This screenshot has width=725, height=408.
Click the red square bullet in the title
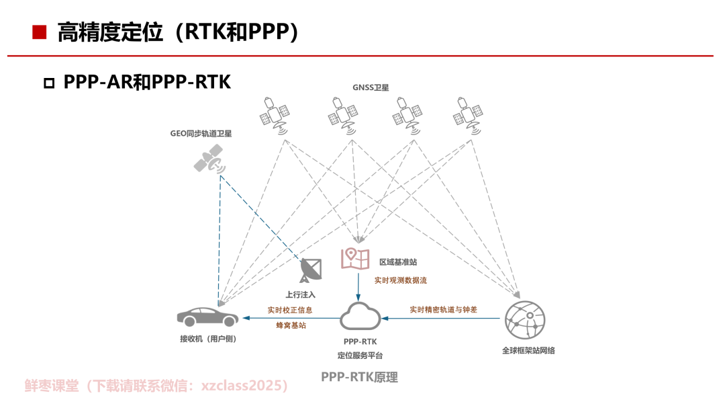pos(40,32)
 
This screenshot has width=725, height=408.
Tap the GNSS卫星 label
pos(371,87)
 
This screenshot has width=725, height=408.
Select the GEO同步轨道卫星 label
pos(201,133)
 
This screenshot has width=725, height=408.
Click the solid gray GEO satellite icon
pos(209,159)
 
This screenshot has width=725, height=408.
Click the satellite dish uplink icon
pos(311,270)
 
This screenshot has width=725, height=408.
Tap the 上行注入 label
pos(301,294)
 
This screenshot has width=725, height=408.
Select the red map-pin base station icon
pos(355,258)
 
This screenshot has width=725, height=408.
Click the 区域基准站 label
pos(398,262)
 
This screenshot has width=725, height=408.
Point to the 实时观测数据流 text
pos(401,280)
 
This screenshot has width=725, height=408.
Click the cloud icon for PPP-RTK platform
pos(360,317)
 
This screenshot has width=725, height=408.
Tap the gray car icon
pos(207,317)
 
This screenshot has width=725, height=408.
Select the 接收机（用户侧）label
pos(208,339)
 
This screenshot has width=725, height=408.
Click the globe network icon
pos(525,320)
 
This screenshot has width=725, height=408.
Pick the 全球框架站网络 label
pos(528,351)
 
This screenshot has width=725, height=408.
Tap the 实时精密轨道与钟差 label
pos(444,309)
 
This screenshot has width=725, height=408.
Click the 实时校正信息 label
pos(290,310)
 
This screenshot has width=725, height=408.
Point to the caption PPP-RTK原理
pos(360,377)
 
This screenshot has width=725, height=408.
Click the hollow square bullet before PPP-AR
pos(49,83)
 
